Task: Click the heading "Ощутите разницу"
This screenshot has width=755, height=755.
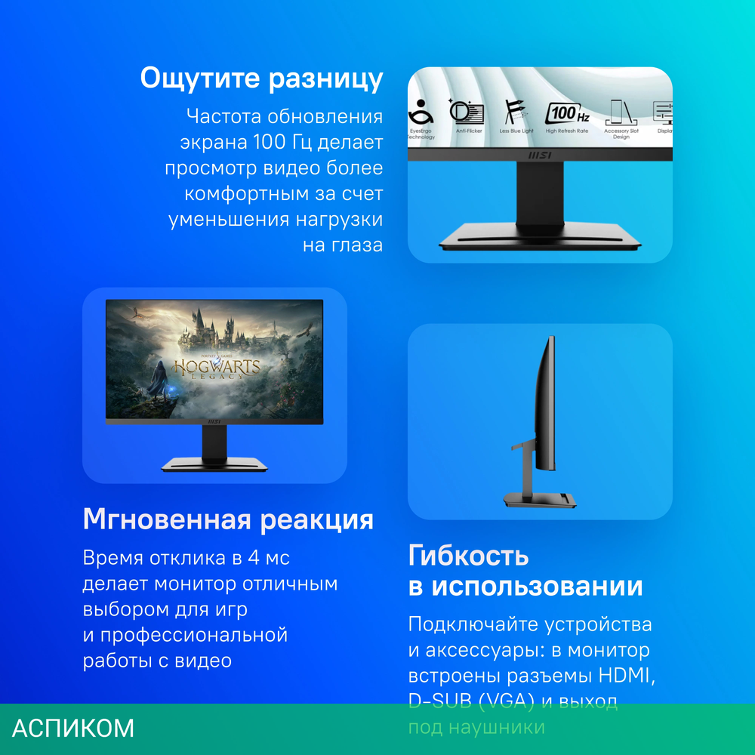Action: coord(261,79)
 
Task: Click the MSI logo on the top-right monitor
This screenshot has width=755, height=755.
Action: coord(539,155)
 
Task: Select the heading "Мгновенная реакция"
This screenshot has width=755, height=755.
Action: coord(228,519)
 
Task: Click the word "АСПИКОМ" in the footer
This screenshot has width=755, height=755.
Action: coord(73,729)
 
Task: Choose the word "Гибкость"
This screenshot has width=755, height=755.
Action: coord(468,556)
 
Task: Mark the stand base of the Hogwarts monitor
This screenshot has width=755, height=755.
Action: coord(214,464)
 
